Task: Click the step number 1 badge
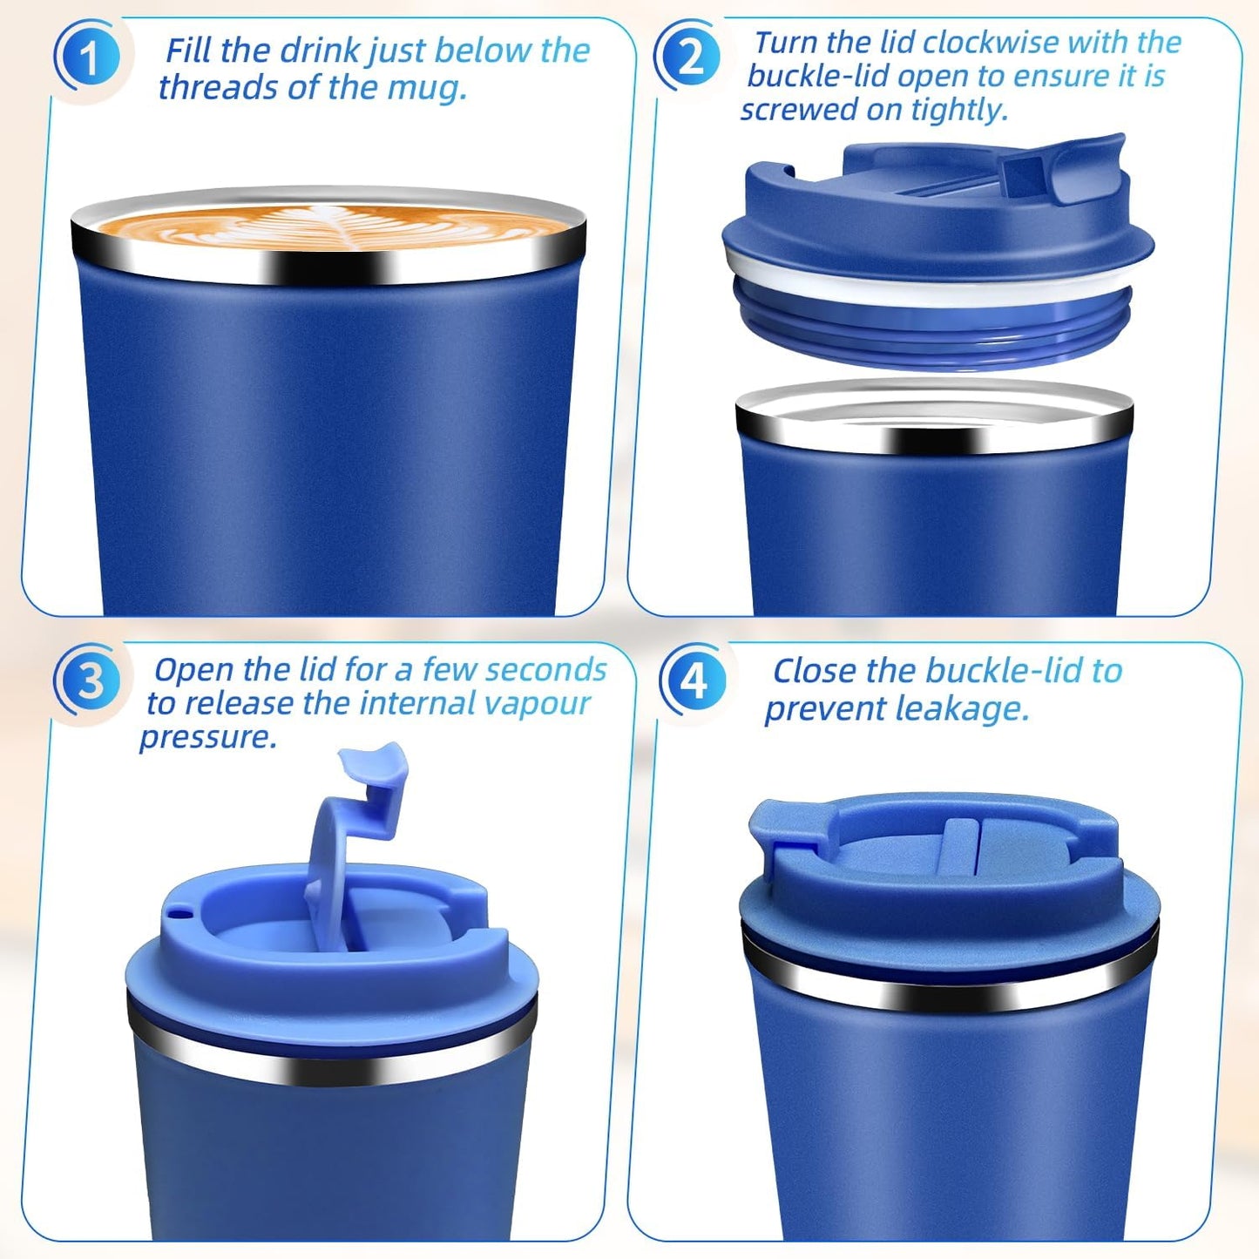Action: tap(89, 58)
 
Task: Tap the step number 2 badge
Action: tap(690, 58)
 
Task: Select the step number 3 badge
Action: tap(91, 681)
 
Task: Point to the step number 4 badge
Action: tap(694, 680)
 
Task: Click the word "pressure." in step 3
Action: tap(208, 737)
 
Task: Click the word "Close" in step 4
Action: tap(815, 671)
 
